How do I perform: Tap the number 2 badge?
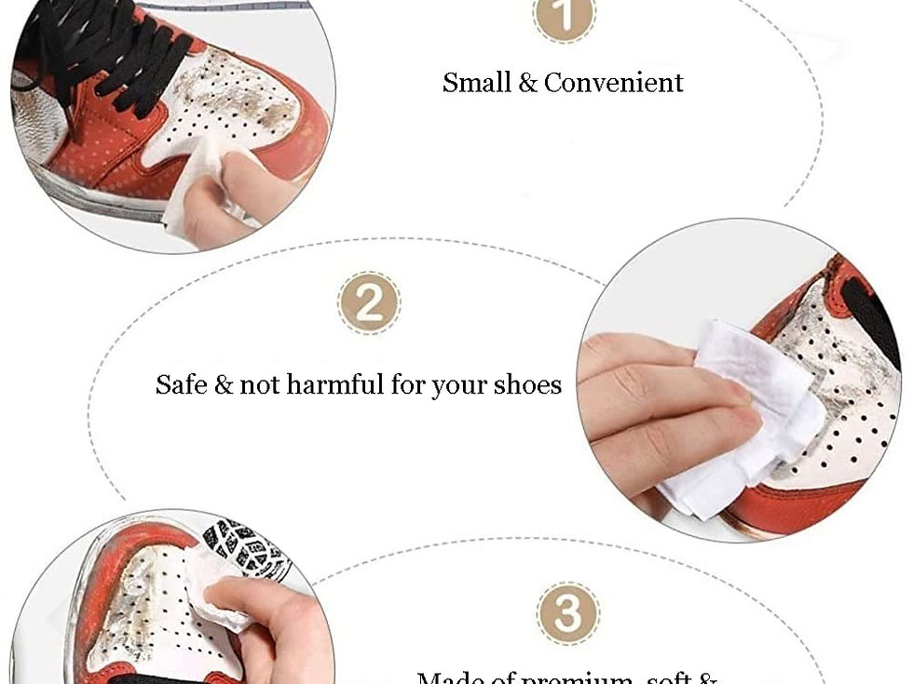coord(369,303)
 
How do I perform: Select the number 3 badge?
coord(567,614)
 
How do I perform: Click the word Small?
coord(477,82)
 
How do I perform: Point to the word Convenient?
coord(614,82)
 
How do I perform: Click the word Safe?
coord(181,384)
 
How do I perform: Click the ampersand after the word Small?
coord(528,82)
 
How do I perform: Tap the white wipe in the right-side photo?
coord(736,409)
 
